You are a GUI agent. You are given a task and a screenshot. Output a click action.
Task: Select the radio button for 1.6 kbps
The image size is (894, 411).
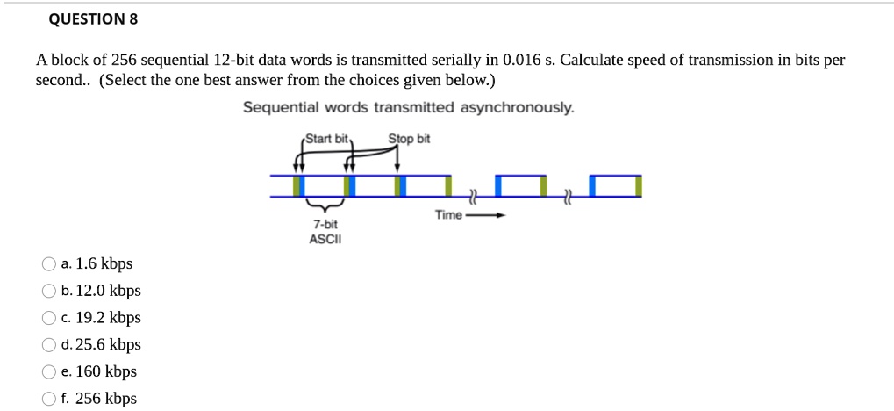click(x=48, y=263)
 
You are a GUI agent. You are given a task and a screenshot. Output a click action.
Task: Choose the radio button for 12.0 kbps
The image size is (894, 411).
click(x=48, y=291)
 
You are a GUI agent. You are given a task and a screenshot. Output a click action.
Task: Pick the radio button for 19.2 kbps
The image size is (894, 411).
click(x=48, y=318)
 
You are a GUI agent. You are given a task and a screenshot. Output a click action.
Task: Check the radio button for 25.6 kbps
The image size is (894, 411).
click(x=48, y=345)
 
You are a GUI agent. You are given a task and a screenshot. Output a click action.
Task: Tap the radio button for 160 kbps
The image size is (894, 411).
click(x=48, y=372)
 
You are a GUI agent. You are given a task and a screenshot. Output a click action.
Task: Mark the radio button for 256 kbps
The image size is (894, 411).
click(x=48, y=399)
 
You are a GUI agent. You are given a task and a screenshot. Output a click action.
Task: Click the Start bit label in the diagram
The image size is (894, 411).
click(x=328, y=139)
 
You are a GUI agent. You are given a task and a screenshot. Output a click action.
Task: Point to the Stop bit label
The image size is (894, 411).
click(x=410, y=139)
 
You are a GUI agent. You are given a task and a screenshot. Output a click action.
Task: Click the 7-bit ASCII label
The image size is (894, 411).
click(x=325, y=232)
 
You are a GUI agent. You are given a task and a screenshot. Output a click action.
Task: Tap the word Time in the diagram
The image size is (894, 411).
click(x=447, y=215)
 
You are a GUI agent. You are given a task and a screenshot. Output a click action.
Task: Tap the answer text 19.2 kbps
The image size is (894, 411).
click(x=108, y=318)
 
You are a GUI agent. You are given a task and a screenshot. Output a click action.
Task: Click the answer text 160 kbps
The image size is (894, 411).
click(x=106, y=372)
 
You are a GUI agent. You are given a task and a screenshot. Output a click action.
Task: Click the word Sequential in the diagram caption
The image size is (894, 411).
click(x=281, y=107)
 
